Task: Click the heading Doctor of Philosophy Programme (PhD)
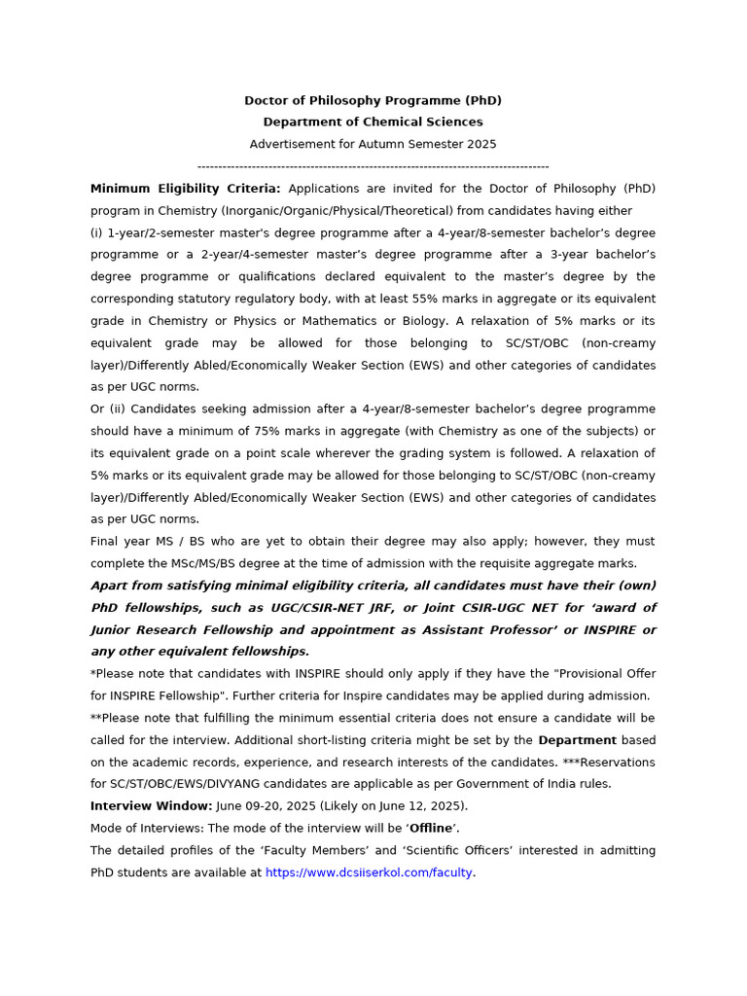pyautogui.click(x=373, y=100)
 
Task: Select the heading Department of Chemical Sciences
pyautogui.click(x=373, y=122)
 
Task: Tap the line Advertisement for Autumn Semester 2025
pyautogui.click(x=373, y=144)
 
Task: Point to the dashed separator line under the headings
pyautogui.click(x=373, y=166)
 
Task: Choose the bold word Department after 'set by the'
pyautogui.click(x=578, y=740)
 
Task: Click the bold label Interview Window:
pyautogui.click(x=151, y=806)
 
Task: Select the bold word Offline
pyautogui.click(x=431, y=828)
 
